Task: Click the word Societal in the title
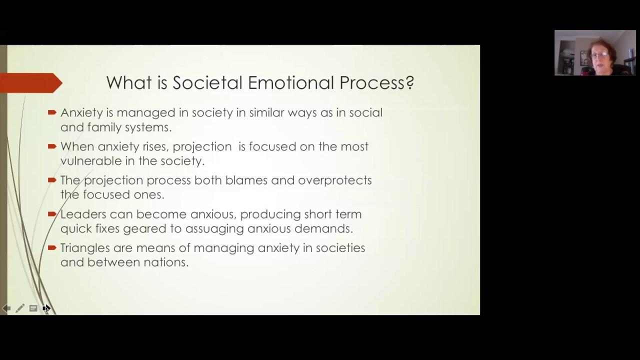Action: click(x=204, y=82)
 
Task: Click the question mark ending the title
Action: click(x=410, y=82)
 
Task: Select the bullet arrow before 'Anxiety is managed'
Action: click(x=52, y=112)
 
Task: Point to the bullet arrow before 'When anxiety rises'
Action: click(x=52, y=146)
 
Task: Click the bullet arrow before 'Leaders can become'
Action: click(x=52, y=214)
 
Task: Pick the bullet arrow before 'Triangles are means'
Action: click(x=52, y=248)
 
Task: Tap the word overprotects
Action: click(x=334, y=180)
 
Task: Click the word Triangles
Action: click(x=85, y=248)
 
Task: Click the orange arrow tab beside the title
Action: click(x=30, y=83)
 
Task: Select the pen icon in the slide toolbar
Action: click(x=20, y=308)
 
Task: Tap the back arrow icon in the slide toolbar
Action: click(x=6, y=308)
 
